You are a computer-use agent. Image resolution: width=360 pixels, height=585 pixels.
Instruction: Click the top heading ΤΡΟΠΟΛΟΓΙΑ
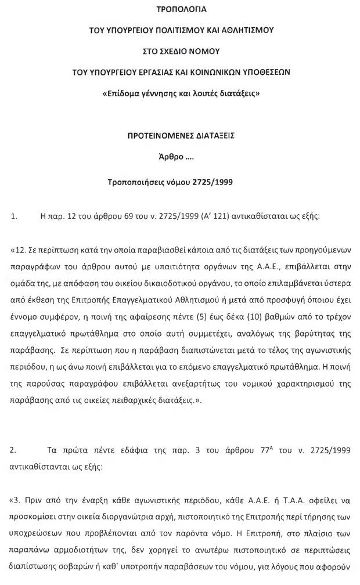point(181,9)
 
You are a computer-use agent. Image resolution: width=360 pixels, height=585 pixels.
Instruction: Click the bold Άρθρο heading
point(171,157)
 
